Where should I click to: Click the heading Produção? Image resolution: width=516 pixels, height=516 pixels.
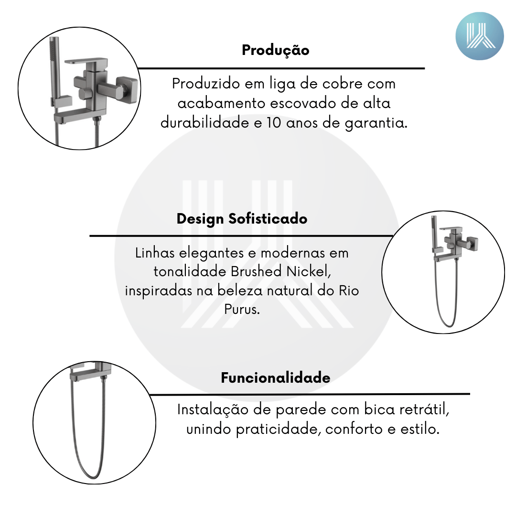click(276, 50)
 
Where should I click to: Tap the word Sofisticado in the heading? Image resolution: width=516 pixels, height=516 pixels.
click(268, 219)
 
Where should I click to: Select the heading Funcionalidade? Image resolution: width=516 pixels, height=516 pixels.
click(276, 377)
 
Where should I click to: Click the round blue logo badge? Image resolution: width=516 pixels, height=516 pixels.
click(480, 36)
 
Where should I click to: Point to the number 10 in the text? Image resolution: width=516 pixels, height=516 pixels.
click(274, 123)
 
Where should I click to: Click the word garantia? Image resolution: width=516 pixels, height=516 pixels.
click(376, 123)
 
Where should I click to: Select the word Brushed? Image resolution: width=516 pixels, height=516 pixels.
click(256, 271)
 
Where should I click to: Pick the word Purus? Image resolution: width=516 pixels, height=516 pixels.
click(242, 309)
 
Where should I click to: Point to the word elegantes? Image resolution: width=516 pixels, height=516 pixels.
click(211, 253)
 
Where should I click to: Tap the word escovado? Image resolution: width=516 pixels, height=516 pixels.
click(303, 103)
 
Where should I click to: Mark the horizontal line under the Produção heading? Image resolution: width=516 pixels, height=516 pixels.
click(281, 68)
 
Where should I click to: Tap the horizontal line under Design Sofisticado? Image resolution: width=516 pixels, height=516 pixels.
click(241, 236)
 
